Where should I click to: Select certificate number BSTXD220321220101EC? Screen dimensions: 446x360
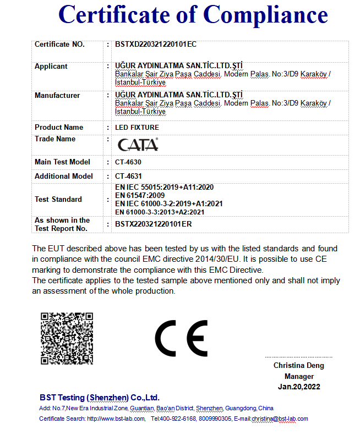tap(156, 45)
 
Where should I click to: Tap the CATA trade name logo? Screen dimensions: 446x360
tap(138, 145)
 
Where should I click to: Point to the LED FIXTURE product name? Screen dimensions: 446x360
tap(137, 128)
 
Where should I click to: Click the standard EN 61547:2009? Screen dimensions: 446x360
tap(140, 195)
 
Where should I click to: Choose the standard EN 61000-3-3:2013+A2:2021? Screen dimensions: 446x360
tap(160, 212)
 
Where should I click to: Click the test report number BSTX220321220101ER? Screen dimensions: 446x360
tap(153, 224)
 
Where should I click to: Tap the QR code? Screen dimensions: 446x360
tap(67, 338)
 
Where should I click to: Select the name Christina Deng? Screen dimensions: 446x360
tap(299, 366)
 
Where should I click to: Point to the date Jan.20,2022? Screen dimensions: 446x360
tap(299, 387)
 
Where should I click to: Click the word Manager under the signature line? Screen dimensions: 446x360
tap(299, 377)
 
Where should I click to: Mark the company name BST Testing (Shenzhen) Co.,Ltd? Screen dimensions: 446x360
tap(99, 398)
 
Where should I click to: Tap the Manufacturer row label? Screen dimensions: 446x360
tap(57, 96)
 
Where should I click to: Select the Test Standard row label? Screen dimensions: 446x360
tap(58, 200)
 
